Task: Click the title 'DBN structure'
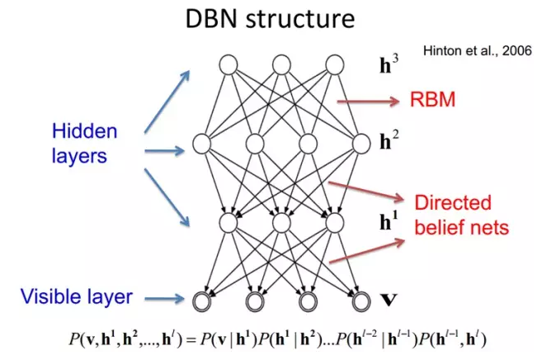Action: click(271, 20)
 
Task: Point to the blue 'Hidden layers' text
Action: click(85, 142)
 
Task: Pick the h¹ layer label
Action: click(388, 222)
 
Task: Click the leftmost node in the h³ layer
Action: click(229, 64)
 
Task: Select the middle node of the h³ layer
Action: click(281, 64)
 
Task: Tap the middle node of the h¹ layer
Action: click(281, 223)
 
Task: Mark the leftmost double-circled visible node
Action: click(203, 300)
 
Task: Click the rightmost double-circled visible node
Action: click(360, 300)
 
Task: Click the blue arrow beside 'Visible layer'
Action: click(168, 298)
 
